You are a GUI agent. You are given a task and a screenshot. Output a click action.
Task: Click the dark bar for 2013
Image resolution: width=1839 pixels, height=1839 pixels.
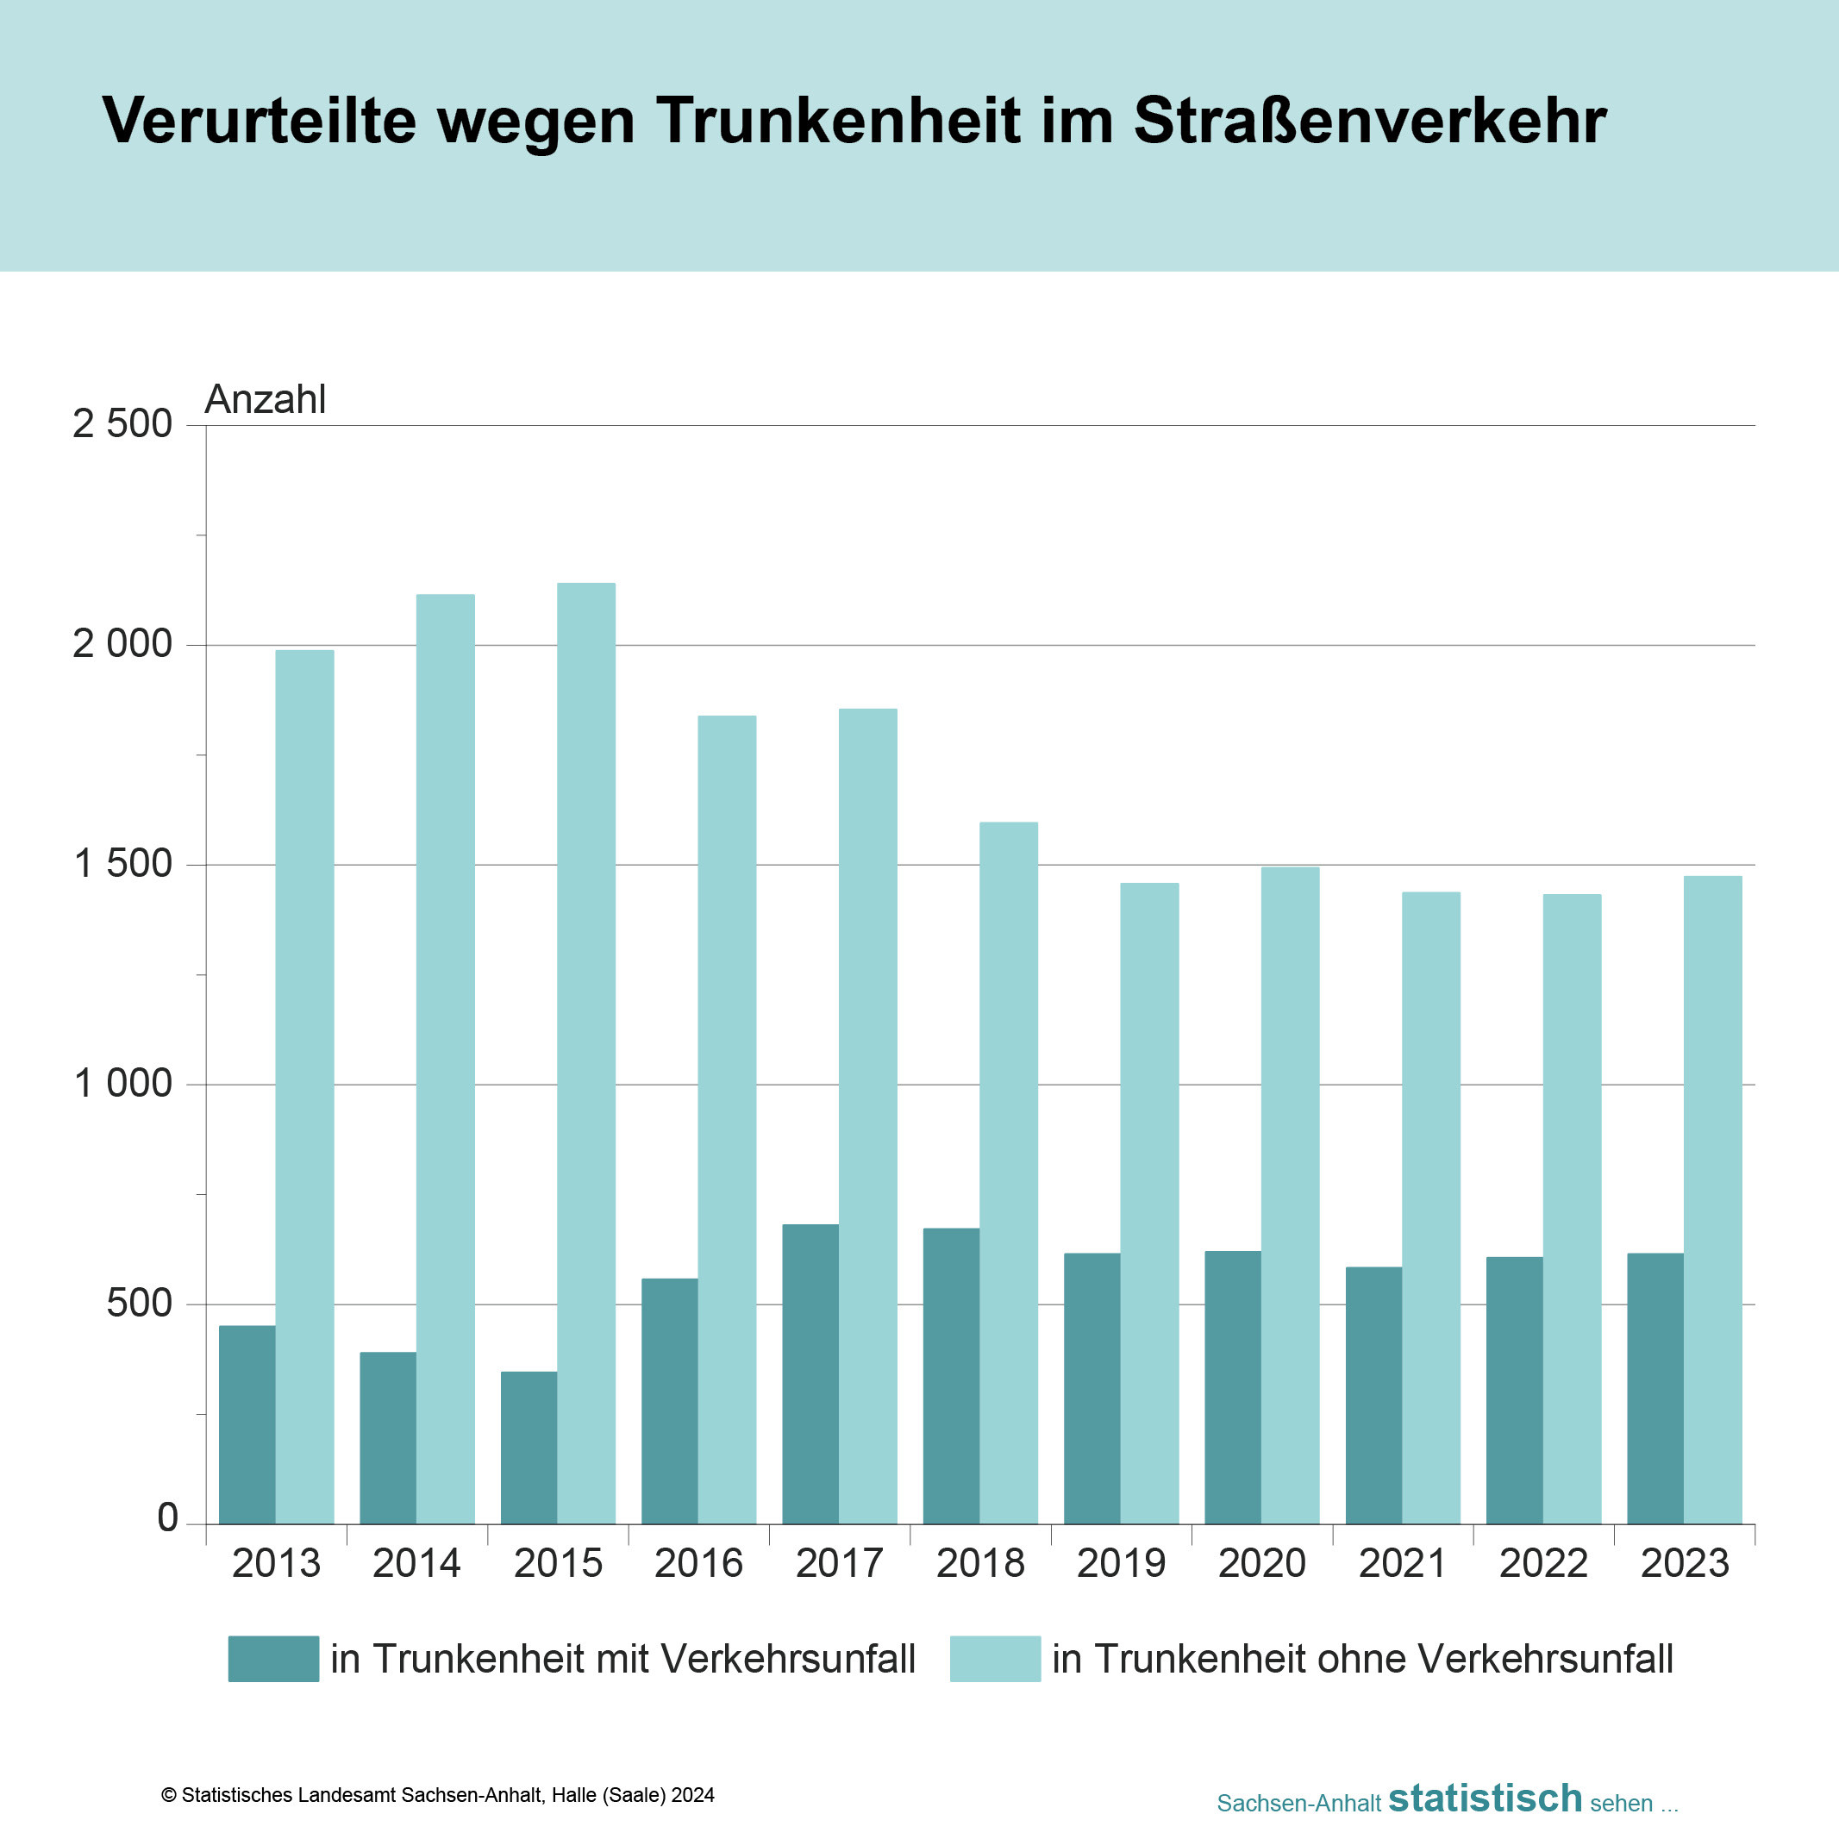point(247,1424)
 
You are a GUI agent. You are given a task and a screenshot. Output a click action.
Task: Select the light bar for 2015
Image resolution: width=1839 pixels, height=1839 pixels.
point(586,1053)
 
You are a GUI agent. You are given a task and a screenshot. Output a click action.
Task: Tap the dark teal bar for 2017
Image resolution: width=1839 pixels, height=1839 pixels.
point(810,1373)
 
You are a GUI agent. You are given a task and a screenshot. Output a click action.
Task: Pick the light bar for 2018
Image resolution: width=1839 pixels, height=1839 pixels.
point(1009,1173)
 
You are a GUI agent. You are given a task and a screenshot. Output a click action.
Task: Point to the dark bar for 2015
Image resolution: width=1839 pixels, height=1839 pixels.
point(529,1447)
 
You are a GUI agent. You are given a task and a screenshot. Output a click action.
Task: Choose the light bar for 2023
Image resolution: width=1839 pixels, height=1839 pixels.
point(1712,1199)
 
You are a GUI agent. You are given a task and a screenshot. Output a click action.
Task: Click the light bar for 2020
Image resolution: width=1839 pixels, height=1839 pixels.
point(1291,1195)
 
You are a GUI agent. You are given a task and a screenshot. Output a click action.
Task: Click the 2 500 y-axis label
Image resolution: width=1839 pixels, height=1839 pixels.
point(122,424)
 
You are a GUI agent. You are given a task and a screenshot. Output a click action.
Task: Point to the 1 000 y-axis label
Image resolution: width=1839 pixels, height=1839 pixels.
point(122,1083)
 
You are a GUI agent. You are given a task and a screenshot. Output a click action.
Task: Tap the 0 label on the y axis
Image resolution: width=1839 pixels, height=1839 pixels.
point(167,1517)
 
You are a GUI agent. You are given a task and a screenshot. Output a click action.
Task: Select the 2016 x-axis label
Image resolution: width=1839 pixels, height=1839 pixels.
point(698,1564)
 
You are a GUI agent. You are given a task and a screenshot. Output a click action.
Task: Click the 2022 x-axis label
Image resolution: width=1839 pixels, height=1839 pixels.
point(1543,1564)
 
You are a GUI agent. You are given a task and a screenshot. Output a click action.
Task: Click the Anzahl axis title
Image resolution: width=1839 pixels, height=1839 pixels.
point(266,400)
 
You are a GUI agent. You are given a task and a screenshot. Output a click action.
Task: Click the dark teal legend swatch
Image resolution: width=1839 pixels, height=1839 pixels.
point(273,1659)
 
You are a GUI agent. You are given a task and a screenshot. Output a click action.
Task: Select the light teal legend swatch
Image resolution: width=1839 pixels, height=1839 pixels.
point(995,1659)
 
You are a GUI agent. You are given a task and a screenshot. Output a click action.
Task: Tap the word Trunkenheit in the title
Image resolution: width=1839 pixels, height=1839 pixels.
point(838,121)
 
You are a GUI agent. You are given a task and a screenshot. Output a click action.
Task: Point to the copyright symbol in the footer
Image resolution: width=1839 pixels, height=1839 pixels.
point(170,1795)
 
